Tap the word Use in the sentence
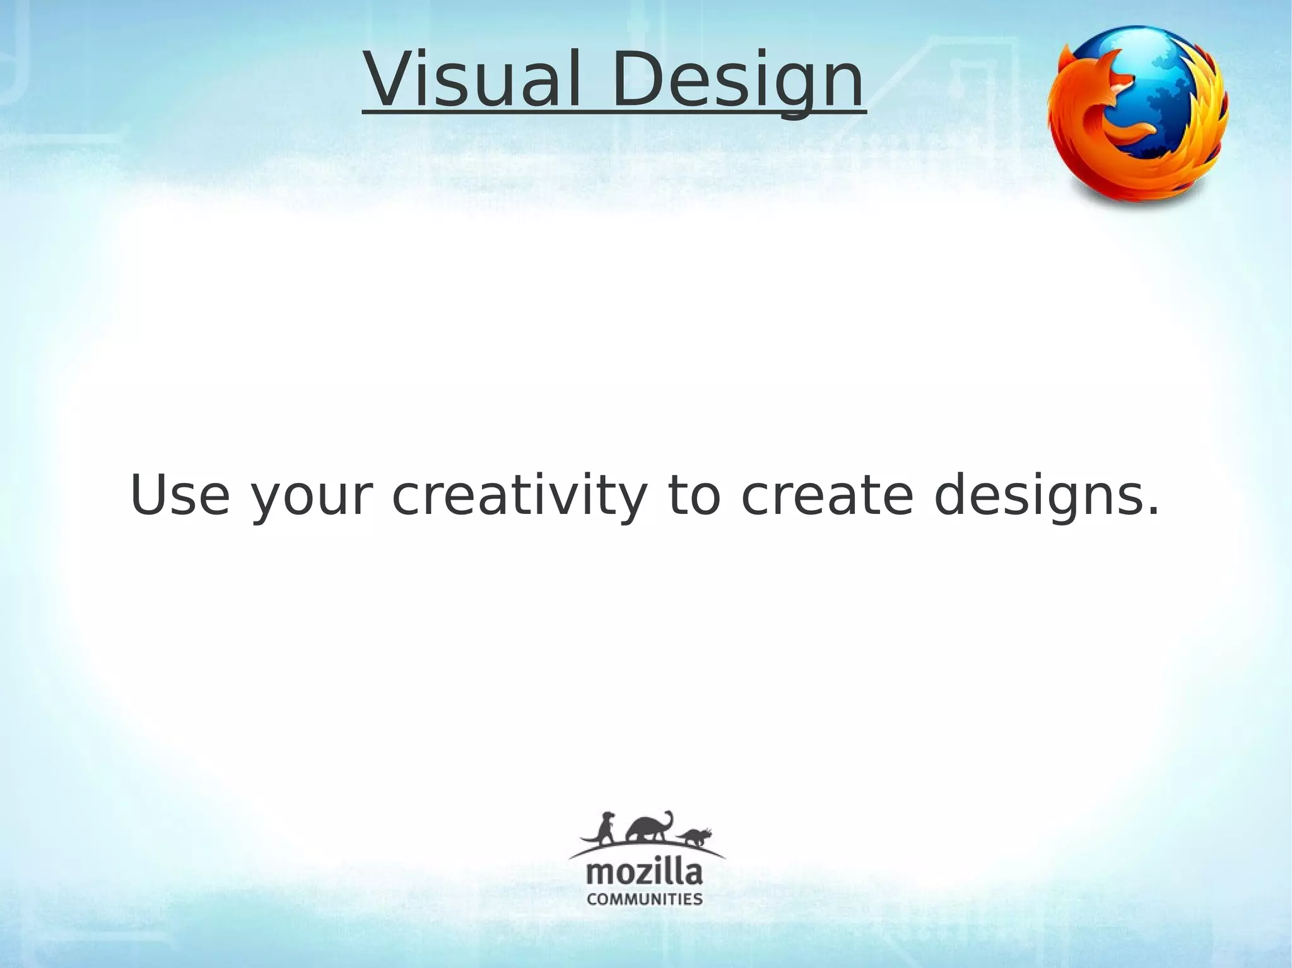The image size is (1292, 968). (x=180, y=495)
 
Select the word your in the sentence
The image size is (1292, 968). (x=308, y=498)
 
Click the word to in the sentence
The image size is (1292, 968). (x=693, y=495)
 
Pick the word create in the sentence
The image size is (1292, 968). (x=826, y=495)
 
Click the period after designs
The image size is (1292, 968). (x=1152, y=512)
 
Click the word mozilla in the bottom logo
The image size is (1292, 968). (x=644, y=873)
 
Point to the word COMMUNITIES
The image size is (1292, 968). (x=644, y=899)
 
